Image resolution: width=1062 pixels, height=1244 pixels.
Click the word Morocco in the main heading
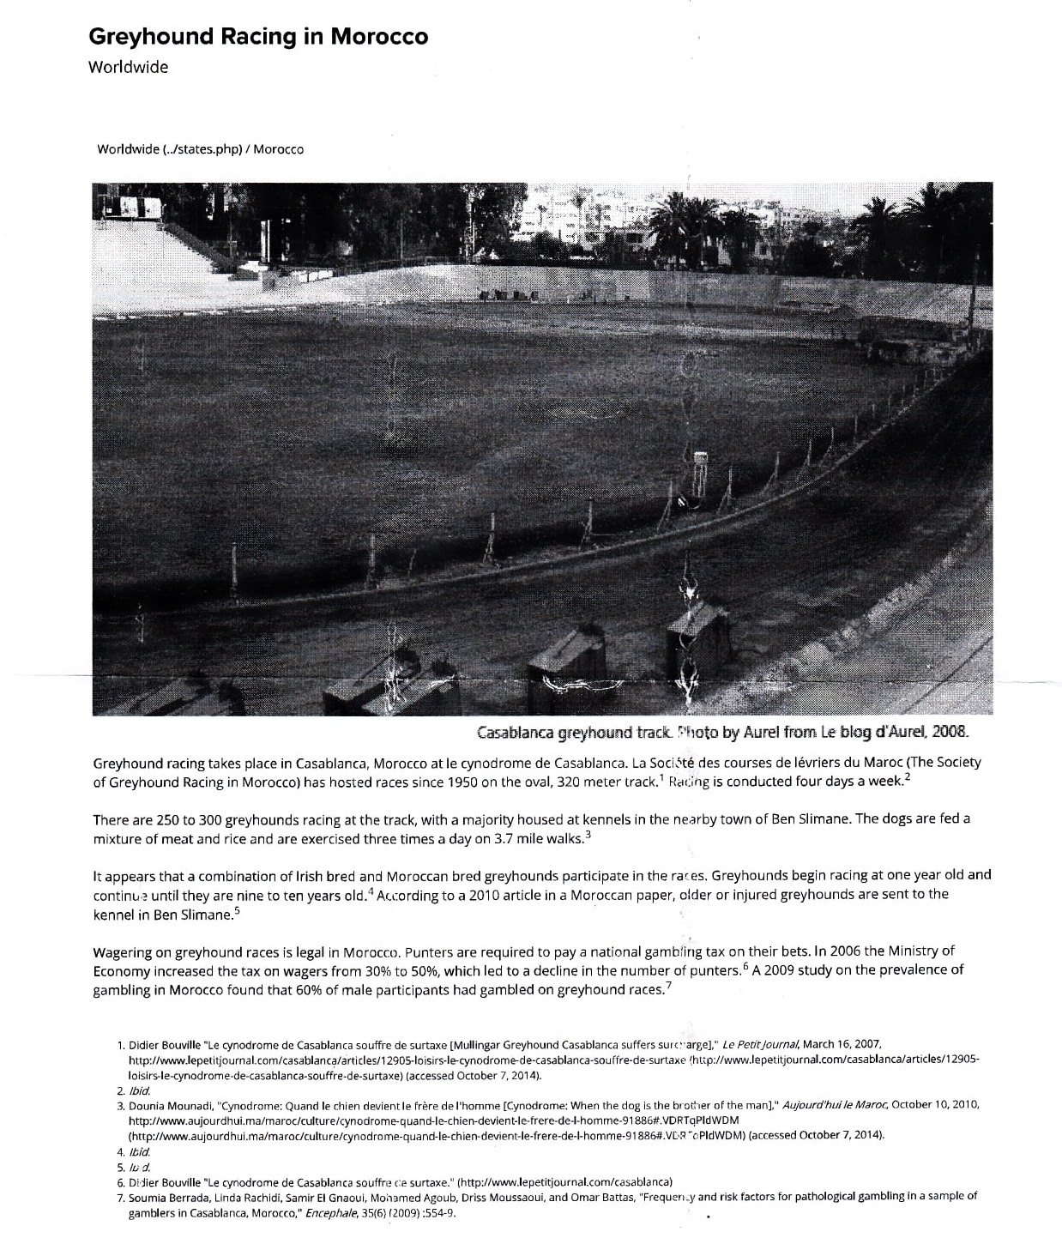pyautogui.click(x=378, y=37)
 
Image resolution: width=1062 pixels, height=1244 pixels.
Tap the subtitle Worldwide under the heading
pyautogui.click(x=128, y=67)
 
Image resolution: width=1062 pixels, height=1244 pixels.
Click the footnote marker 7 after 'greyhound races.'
pyautogui.click(x=668, y=986)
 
